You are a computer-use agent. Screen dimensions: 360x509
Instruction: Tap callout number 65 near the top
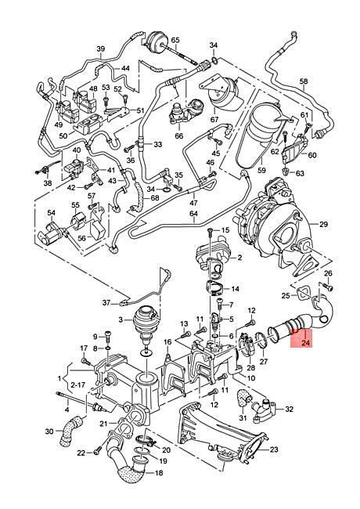point(175,40)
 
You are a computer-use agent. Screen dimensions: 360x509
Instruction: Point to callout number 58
point(303,81)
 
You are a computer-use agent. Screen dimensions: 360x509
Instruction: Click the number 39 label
point(101,49)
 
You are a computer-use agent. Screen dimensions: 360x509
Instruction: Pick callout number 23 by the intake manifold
point(274,449)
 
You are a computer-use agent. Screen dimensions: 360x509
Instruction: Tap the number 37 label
point(106,302)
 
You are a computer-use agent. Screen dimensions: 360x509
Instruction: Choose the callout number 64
point(193,214)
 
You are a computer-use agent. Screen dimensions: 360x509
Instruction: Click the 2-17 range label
point(77,385)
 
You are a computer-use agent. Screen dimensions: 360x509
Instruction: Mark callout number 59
point(261,170)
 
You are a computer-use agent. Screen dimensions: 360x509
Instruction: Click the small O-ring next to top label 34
point(214,60)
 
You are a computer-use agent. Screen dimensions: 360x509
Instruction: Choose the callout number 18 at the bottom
point(159,473)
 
